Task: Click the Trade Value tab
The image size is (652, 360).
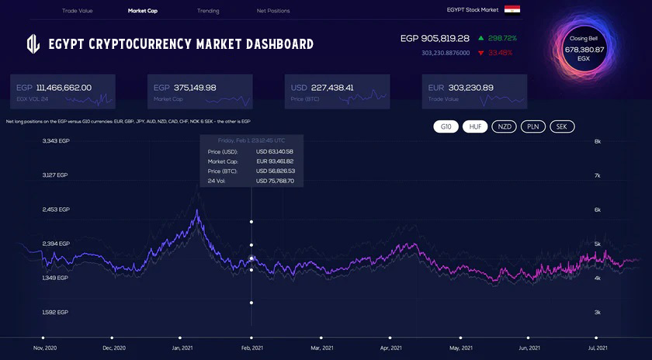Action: pos(77,11)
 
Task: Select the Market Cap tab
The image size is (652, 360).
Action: pos(143,11)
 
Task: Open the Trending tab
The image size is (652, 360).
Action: pos(208,11)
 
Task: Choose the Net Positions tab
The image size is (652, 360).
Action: pos(273,11)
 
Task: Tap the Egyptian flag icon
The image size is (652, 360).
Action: pos(512,9)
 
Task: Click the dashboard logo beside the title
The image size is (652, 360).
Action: pos(33,43)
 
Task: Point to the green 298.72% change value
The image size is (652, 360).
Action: pos(503,38)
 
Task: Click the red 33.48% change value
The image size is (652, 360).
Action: pos(502,53)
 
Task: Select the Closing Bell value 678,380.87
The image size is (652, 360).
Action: pos(584,49)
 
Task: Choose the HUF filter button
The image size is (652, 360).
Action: pos(474,126)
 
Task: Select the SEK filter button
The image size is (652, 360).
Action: pos(562,126)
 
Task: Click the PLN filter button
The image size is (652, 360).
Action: pos(532,126)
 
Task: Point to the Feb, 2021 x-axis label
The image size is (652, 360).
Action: pos(251,348)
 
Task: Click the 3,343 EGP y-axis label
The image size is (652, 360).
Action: pos(56,141)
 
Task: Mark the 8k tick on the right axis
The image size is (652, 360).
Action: pos(598,141)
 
